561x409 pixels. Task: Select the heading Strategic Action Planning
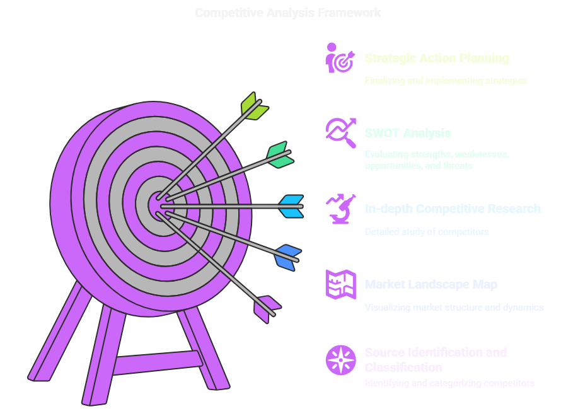pyautogui.click(x=437, y=59)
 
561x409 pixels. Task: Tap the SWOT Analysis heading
pyautogui.click(x=407, y=134)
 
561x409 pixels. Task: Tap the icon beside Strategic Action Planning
pyautogui.click(x=340, y=58)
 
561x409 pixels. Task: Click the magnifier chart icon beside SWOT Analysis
pyautogui.click(x=340, y=132)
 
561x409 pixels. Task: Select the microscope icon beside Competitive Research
pyautogui.click(x=340, y=209)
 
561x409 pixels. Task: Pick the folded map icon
pyautogui.click(x=340, y=284)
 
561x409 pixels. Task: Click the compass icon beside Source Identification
pyautogui.click(x=340, y=359)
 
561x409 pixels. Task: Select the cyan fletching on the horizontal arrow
pyautogui.click(x=292, y=206)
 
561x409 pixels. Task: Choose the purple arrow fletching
pyautogui.click(x=265, y=307)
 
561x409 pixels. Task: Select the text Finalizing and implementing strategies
pyautogui.click(x=445, y=81)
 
